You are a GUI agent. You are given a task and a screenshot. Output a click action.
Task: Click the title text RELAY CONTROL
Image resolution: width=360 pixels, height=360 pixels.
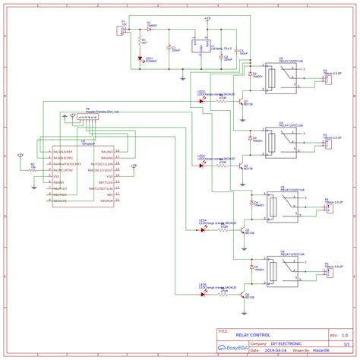[252, 334]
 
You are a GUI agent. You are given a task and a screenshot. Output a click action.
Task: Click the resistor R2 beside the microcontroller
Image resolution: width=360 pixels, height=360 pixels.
[33, 169]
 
